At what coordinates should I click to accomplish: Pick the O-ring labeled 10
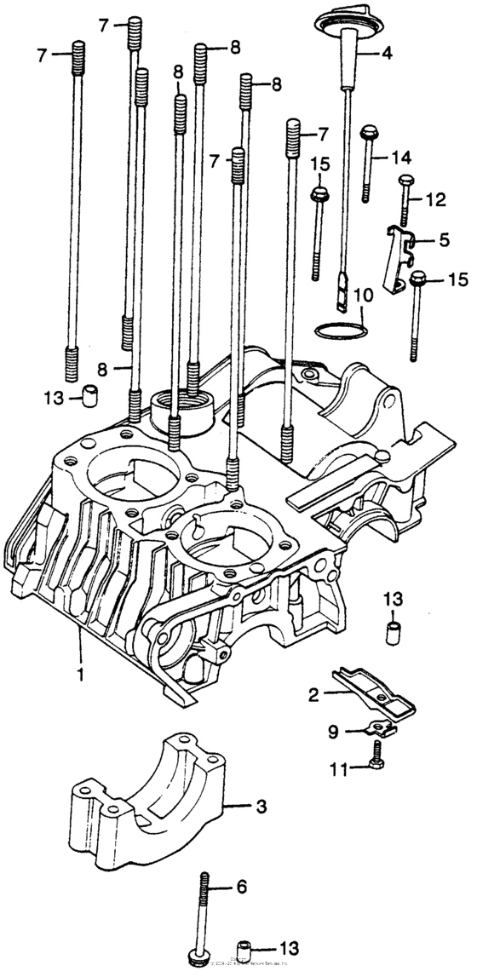pyautogui.click(x=339, y=329)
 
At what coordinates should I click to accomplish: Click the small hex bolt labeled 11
pyautogui.click(x=376, y=752)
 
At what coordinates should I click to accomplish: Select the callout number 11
pyautogui.click(x=338, y=770)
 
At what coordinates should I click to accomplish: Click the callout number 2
pyautogui.click(x=313, y=695)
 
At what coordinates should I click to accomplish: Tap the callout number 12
pyautogui.click(x=435, y=199)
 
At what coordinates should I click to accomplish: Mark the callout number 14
pyautogui.click(x=401, y=157)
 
